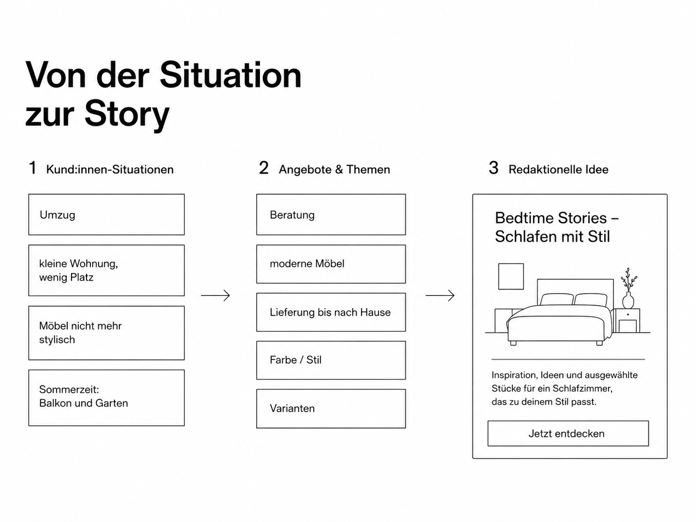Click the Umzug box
pyautogui.click(x=107, y=214)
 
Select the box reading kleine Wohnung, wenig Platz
pyautogui.click(x=107, y=270)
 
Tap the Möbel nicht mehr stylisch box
pyautogui.click(x=107, y=333)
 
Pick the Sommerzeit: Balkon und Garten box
pyautogui.click(x=107, y=398)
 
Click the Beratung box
pyautogui.click(x=331, y=214)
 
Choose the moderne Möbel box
pyautogui.click(x=331, y=264)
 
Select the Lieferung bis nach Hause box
pyautogui.click(x=331, y=312)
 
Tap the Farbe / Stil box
pyautogui.click(x=331, y=360)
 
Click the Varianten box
pyautogui.click(x=331, y=409)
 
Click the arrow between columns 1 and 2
pyautogui.click(x=215, y=296)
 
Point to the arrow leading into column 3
pyautogui.click(x=440, y=296)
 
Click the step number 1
pyautogui.click(x=33, y=168)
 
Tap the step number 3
pyautogui.click(x=493, y=168)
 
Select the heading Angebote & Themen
pyautogui.click(x=334, y=170)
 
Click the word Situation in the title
pyautogui.click(x=231, y=75)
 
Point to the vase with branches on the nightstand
pyautogui.click(x=628, y=288)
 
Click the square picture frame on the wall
pyautogui.click(x=511, y=276)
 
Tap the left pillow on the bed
pyautogui.click(x=557, y=299)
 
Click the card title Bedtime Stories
pyautogui.click(x=551, y=218)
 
